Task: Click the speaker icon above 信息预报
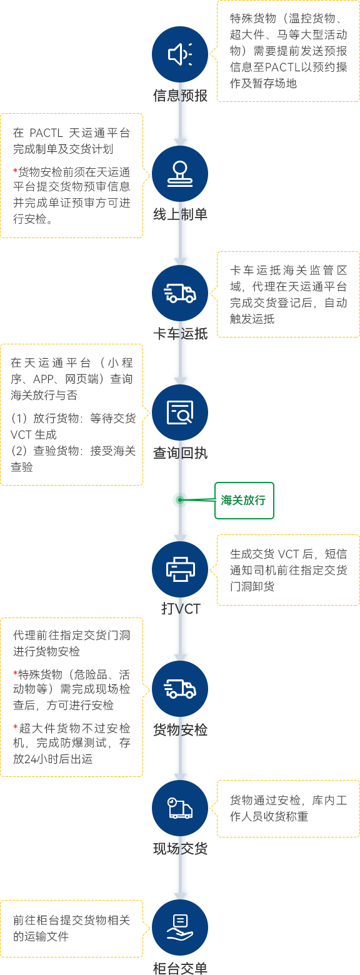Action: (x=180, y=54)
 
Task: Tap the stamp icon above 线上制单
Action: (x=180, y=174)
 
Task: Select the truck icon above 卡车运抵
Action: (x=180, y=293)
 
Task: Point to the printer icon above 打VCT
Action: (x=180, y=569)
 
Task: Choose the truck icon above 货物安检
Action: (x=180, y=689)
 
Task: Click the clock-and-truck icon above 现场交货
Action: (x=180, y=808)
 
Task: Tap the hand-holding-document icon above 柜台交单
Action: (x=180, y=927)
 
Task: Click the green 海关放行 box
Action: (x=244, y=501)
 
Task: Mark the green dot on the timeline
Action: (x=180, y=500)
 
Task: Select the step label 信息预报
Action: (x=180, y=96)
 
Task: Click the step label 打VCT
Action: (x=181, y=609)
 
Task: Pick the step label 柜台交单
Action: (x=180, y=968)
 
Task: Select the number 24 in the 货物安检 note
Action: (x=31, y=759)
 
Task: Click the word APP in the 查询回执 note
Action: (x=44, y=379)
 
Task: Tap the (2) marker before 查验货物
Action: (x=19, y=451)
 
